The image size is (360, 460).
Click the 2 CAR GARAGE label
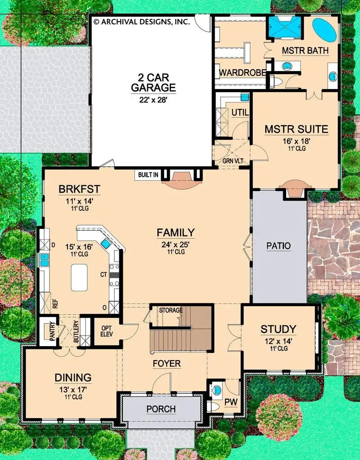point(153,83)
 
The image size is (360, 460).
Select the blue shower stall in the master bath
point(284,27)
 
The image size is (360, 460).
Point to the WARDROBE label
point(243,72)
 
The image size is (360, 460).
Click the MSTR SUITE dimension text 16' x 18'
point(297,141)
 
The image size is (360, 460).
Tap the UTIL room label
point(240,112)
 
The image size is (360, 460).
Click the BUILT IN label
point(148,175)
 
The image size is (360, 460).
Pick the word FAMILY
point(175,232)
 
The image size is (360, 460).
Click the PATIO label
point(279,246)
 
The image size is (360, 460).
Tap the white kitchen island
point(79,277)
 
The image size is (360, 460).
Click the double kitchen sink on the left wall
point(44,260)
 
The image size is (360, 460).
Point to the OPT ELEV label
point(106,331)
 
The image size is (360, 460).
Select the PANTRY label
point(52,331)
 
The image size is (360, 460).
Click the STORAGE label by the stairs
point(171,310)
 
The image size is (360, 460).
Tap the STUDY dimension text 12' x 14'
point(279,341)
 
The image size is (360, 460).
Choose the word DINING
point(73,378)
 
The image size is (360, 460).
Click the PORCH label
point(161,409)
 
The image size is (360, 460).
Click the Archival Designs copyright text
point(142,22)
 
